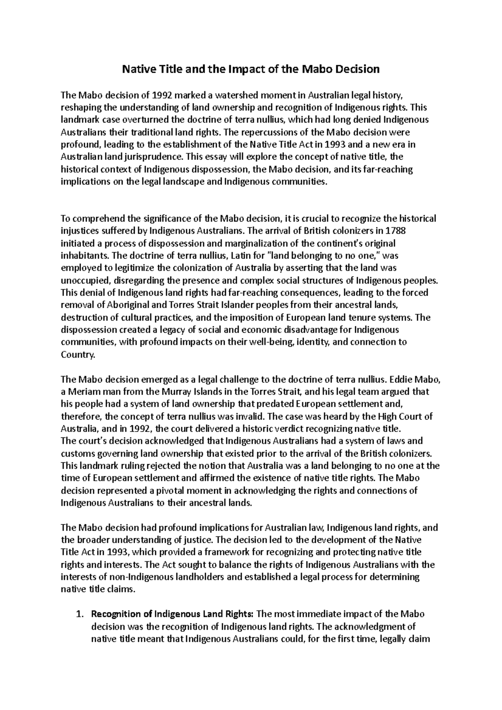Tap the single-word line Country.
78,355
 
